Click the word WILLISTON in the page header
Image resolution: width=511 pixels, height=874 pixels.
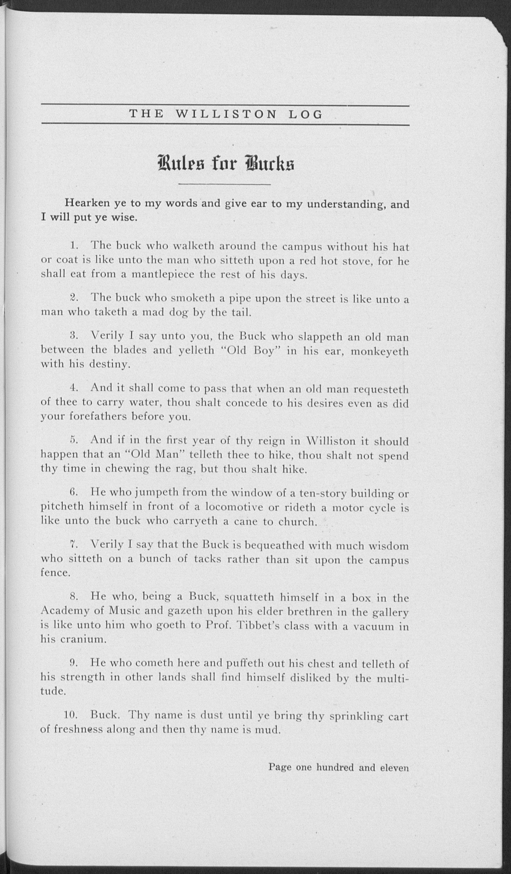(x=226, y=114)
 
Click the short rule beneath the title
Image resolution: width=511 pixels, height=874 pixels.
(x=224, y=184)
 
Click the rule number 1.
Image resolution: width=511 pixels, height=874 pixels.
(x=72, y=246)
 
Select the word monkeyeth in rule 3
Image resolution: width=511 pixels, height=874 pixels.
(x=380, y=351)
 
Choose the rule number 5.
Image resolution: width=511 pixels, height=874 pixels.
(x=72, y=440)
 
